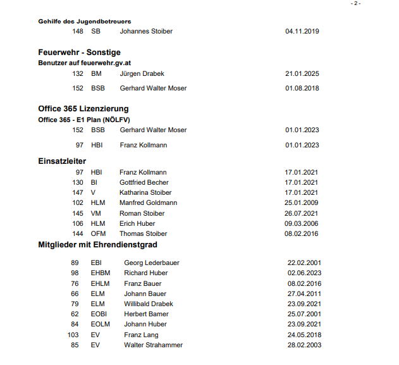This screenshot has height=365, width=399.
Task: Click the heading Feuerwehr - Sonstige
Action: click(79, 52)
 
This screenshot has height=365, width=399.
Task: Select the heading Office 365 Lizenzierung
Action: click(83, 108)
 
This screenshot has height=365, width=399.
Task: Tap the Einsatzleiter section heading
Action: click(62, 161)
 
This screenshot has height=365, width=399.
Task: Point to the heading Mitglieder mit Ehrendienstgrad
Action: click(97, 244)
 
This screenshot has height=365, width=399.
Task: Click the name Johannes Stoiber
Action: click(146, 31)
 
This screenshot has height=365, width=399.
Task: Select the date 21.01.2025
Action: click(302, 73)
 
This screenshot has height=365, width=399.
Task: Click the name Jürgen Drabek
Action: click(142, 73)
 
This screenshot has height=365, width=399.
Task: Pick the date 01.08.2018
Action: click(302, 88)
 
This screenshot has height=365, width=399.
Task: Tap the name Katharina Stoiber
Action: click(145, 192)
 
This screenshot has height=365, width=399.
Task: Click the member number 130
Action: click(78, 182)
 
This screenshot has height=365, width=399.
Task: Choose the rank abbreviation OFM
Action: click(98, 233)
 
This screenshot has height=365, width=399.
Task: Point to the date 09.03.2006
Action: click(302, 223)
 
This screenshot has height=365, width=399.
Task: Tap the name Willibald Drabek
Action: click(149, 304)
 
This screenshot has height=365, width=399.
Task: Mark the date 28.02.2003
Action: click(304, 345)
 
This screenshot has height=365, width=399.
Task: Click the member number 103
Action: click(73, 335)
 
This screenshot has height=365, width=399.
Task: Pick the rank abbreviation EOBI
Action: click(100, 314)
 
